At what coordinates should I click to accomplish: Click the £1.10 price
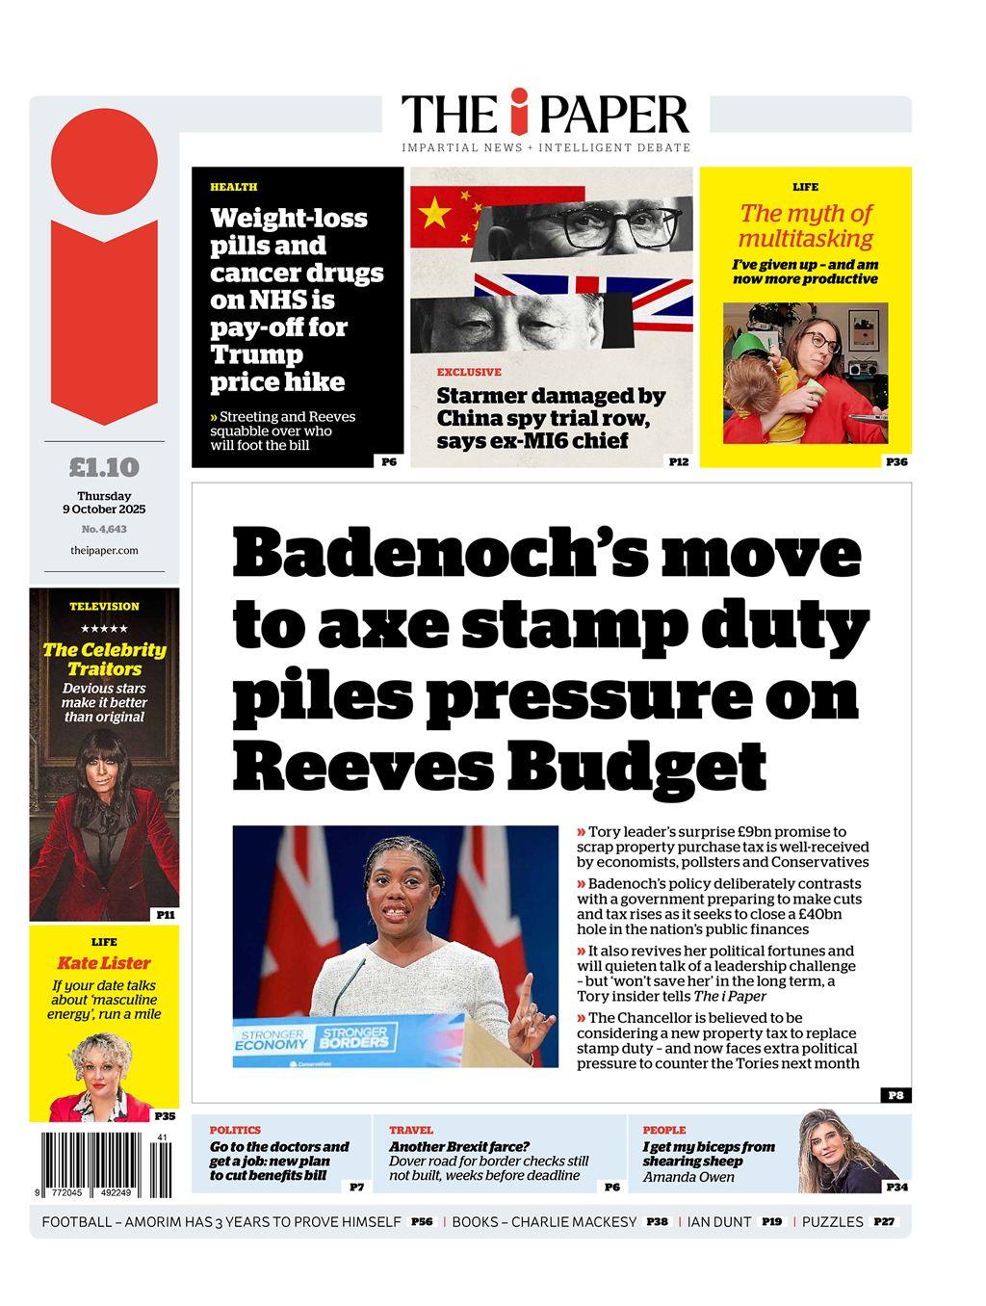(104, 468)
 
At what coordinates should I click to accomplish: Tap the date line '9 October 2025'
(104, 509)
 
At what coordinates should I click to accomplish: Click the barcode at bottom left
(104, 1163)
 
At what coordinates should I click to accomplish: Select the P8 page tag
(895, 1095)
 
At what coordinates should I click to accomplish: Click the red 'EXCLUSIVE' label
(469, 372)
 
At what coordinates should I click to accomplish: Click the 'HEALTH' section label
(234, 187)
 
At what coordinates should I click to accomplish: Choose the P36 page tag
(896, 461)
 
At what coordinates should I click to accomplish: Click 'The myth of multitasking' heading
(805, 225)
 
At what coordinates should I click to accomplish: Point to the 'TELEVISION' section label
(104, 607)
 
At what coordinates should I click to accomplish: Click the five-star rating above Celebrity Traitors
(104, 629)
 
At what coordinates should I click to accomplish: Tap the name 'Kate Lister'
(104, 963)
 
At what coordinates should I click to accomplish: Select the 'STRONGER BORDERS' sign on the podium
(352, 1037)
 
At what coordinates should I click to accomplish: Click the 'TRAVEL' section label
(411, 1130)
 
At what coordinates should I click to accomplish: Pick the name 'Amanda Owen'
(688, 1176)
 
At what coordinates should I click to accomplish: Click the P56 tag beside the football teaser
(422, 1222)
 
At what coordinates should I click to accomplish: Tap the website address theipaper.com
(104, 551)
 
